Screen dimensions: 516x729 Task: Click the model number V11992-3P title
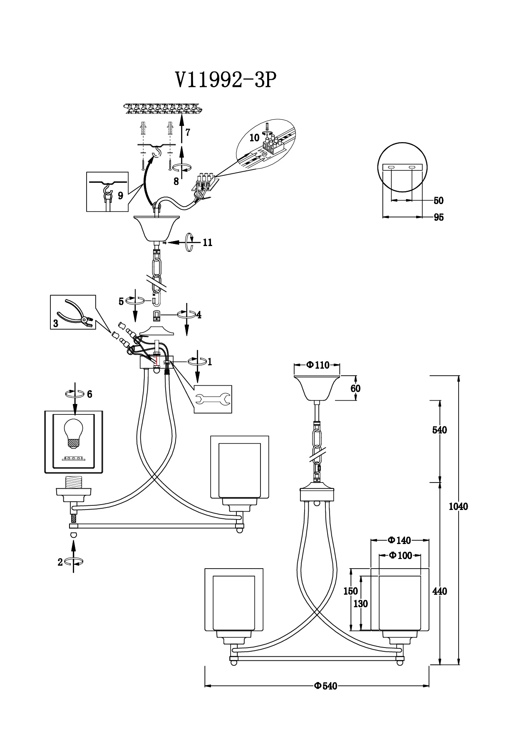click(226, 79)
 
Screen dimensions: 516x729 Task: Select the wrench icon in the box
click(213, 399)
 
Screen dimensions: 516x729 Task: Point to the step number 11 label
click(208, 243)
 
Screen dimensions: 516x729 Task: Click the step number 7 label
click(188, 133)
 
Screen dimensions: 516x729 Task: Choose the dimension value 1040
click(459, 506)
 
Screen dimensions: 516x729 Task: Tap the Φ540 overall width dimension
click(325, 686)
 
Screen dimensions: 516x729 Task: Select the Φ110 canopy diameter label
click(318, 365)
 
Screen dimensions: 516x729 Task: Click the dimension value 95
click(439, 217)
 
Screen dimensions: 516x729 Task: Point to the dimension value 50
click(439, 201)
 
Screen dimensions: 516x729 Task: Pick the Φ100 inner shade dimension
click(400, 556)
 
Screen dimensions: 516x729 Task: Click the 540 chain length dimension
click(439, 430)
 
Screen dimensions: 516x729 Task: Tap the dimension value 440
click(439, 591)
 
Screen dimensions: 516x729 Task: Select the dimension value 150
click(351, 591)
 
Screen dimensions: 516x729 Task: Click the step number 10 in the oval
click(254, 138)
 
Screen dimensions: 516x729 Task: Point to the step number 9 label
click(121, 196)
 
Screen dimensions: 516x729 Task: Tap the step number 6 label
click(89, 394)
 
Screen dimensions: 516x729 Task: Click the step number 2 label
click(60, 562)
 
